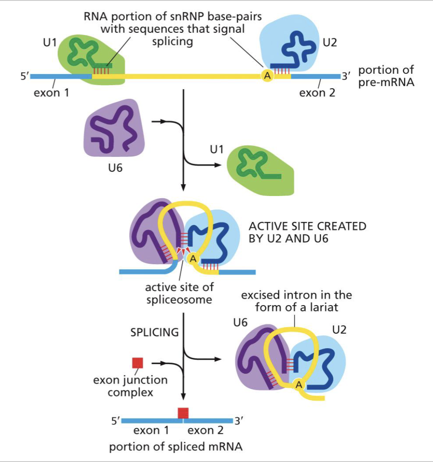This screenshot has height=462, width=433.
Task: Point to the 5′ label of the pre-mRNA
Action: [x=26, y=77]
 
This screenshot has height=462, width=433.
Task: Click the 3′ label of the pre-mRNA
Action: [x=345, y=77]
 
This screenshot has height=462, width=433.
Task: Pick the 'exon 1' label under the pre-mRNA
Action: [x=52, y=92]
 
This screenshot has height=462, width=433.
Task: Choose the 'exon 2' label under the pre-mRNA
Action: [x=317, y=92]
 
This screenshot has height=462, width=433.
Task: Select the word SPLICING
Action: [x=155, y=332]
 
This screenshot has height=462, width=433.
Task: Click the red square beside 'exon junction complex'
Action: [x=138, y=363]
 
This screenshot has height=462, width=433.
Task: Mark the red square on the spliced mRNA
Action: [x=183, y=413]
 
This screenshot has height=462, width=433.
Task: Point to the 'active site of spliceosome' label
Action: [x=179, y=293]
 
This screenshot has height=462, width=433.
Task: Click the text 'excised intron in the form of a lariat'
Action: [x=297, y=301]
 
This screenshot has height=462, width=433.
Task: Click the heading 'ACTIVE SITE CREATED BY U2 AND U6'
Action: [x=307, y=232]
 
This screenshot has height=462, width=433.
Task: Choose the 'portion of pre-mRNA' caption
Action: [x=386, y=76]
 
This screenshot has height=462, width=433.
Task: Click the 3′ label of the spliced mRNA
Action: [x=240, y=421]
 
